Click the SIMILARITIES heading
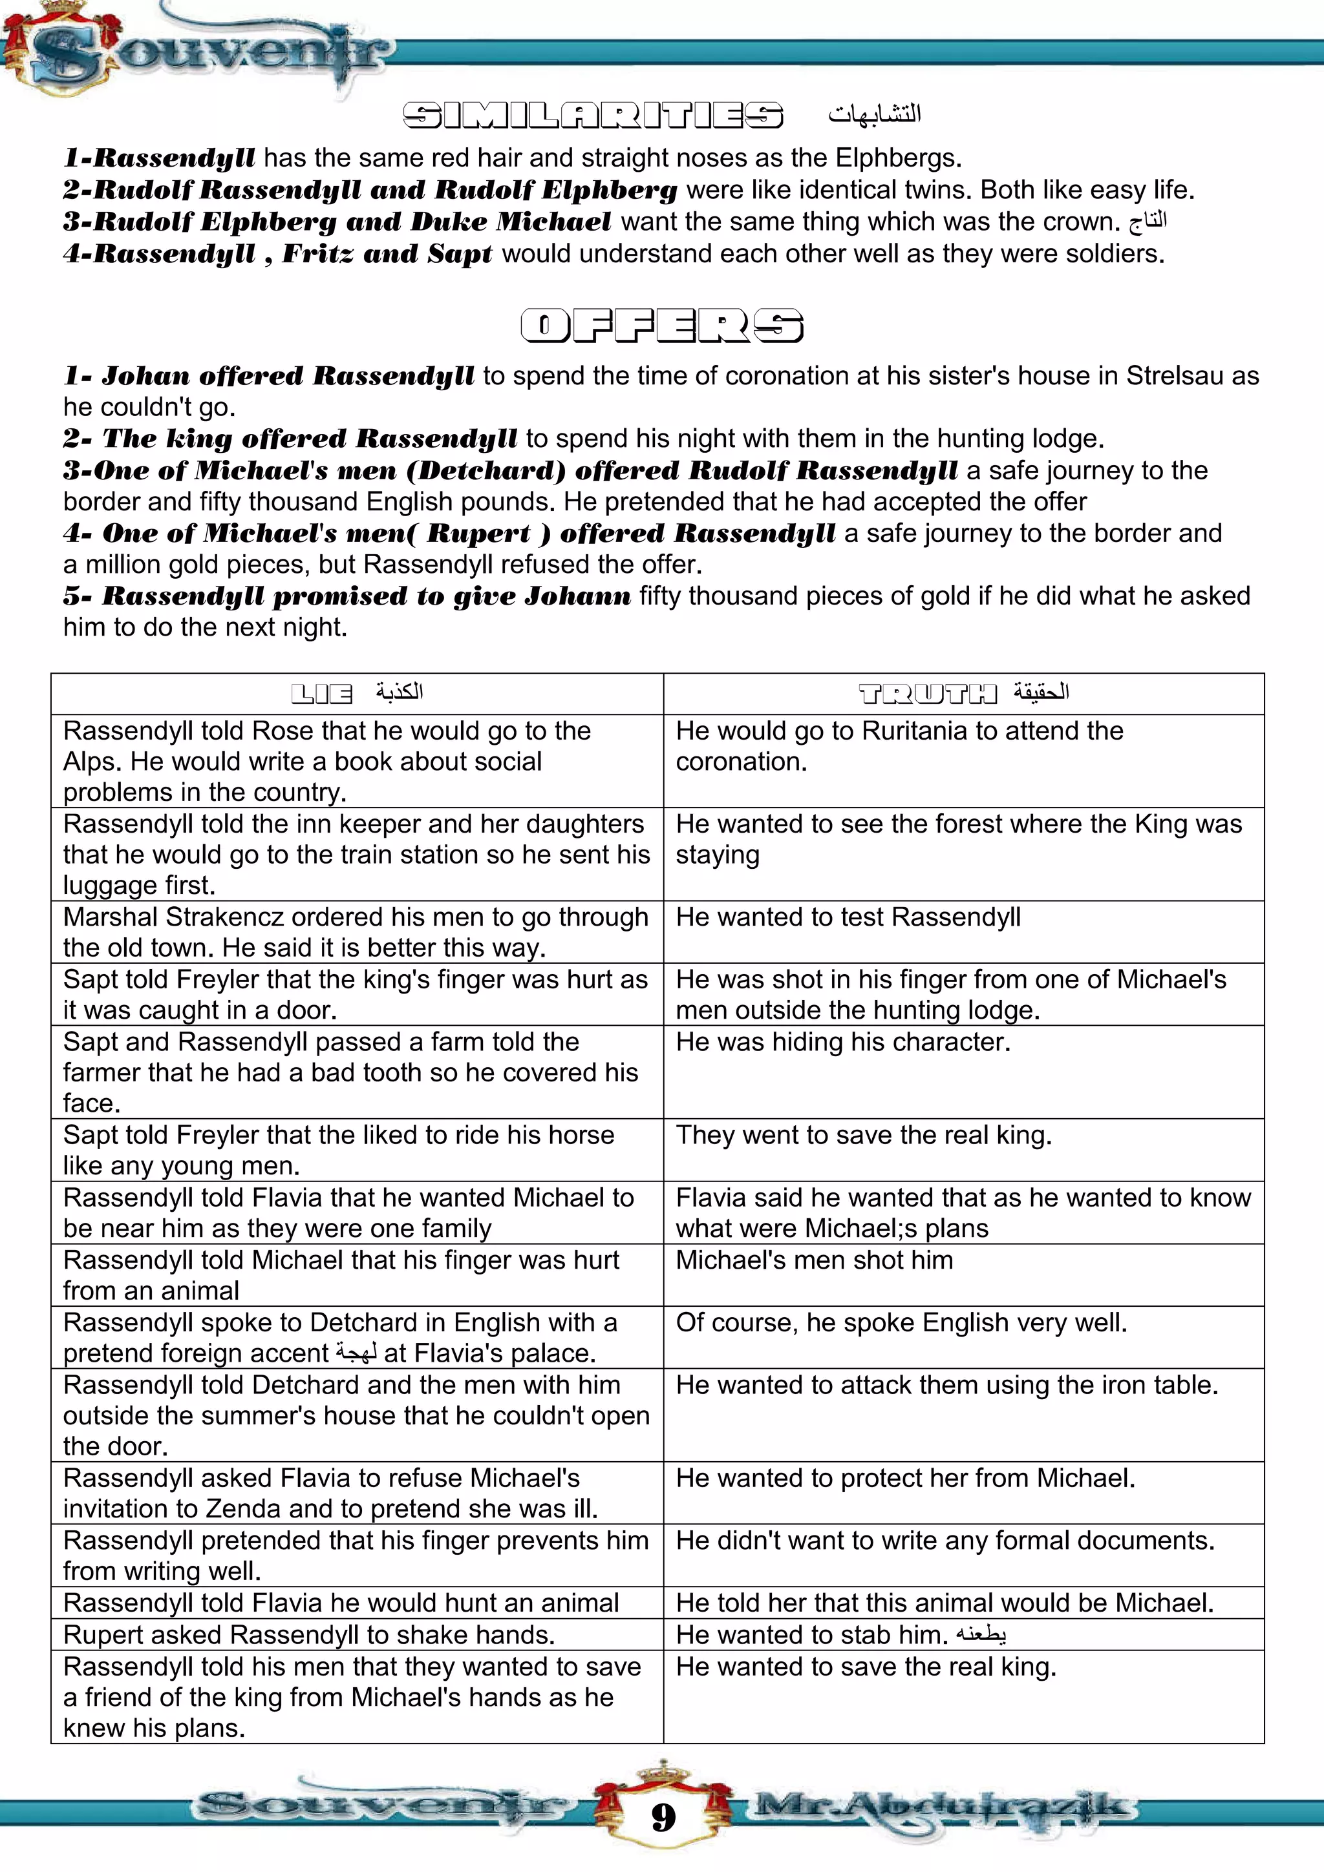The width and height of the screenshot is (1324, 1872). point(593,116)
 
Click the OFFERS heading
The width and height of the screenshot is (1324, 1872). point(661,326)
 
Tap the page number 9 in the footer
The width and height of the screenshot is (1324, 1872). point(663,1817)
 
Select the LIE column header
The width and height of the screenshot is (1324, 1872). point(322,694)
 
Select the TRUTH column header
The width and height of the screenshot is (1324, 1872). point(928,694)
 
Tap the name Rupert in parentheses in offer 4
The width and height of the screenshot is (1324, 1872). point(479,533)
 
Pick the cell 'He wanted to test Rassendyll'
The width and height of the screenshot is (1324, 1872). point(848,917)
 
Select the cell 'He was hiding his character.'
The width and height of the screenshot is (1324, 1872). point(843,1042)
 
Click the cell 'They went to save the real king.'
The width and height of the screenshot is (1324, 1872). point(864,1135)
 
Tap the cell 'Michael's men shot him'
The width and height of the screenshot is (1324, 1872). point(814,1260)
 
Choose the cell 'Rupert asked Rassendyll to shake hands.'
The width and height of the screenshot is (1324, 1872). point(309,1635)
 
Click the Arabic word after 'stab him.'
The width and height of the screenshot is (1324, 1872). point(981,1635)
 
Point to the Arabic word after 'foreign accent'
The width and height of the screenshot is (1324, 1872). point(356,1353)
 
